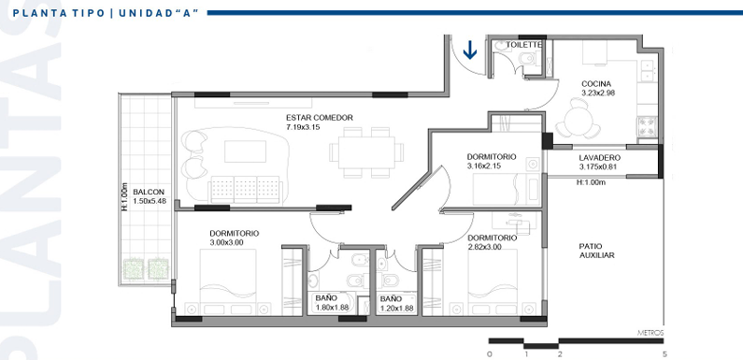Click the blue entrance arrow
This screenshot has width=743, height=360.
469,50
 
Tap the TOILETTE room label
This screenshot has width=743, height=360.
523,44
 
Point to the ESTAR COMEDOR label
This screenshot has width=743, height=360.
320,118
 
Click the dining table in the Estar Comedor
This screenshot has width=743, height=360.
366,152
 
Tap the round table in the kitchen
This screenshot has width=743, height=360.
578,119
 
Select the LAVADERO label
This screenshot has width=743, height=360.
599,158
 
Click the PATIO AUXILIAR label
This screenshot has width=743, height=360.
596,251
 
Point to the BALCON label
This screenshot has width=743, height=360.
149,192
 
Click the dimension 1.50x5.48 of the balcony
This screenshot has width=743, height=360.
150,201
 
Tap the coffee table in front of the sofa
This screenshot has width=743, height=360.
245,151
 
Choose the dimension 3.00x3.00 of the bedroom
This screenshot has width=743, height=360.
227,242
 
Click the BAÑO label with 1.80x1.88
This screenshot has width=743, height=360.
326,299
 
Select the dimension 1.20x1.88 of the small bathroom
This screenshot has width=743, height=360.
396,308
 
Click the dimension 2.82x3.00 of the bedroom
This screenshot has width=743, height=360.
485,247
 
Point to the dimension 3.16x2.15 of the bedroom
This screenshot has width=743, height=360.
484,166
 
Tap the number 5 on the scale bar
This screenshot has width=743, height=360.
664,354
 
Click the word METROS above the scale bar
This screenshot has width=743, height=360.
650,333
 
